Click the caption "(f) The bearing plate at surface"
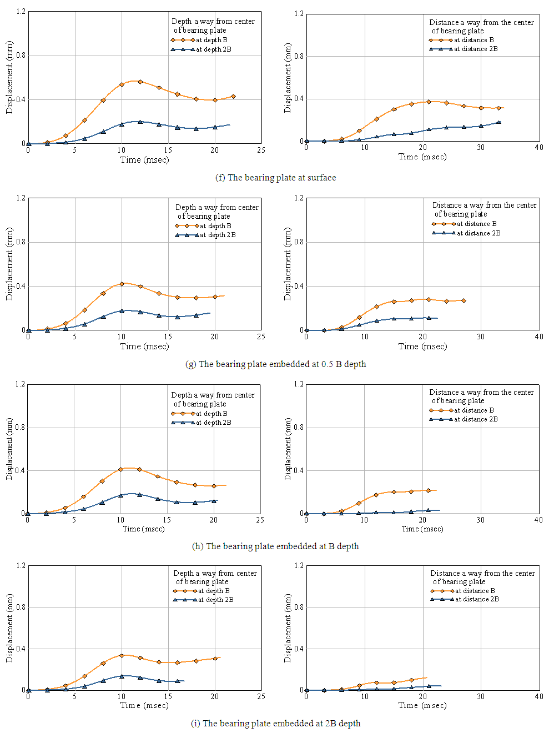(x=275, y=178)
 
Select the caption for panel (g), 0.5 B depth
(x=275, y=364)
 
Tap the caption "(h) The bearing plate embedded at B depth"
(x=275, y=546)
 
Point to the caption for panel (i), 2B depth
(x=275, y=724)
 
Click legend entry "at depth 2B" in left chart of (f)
(x=213, y=49)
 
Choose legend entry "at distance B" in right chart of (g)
(x=476, y=224)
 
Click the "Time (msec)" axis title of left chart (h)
(x=144, y=529)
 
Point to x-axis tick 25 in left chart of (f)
(x=261, y=150)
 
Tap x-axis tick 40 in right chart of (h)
(x=538, y=520)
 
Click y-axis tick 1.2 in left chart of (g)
(x=21, y=198)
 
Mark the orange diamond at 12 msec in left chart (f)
(x=140, y=82)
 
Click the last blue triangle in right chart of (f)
(x=498, y=122)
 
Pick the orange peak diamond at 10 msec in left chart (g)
(x=122, y=284)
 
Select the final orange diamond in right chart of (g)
(x=464, y=301)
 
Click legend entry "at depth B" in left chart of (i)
(x=214, y=591)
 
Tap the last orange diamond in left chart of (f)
(x=233, y=96)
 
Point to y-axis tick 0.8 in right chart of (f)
(x=299, y=56)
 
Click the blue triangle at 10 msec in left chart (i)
(x=122, y=676)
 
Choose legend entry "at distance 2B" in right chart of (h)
(x=476, y=419)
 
